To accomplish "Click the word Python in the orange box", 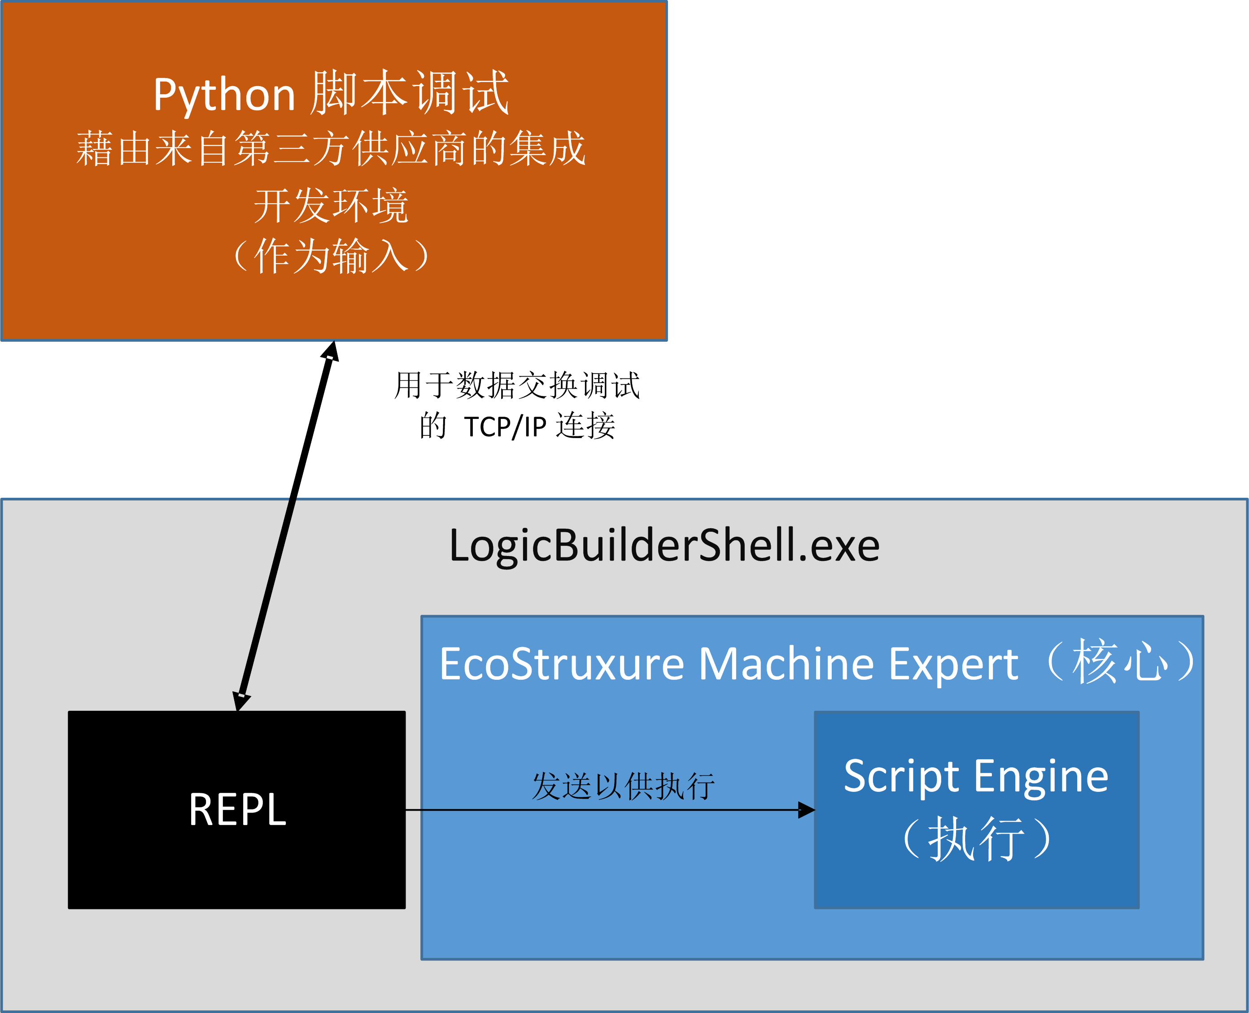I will point(224,95).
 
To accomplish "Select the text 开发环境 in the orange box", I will point(331,206).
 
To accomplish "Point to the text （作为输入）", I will point(331,256).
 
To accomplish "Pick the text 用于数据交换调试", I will point(517,386).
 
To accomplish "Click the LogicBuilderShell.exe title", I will point(664,546).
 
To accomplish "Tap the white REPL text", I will point(237,810).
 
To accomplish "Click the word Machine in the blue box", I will point(786,664).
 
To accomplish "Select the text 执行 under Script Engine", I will point(976,839).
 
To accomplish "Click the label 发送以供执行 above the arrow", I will point(623,787).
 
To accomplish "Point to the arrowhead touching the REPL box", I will point(240,701).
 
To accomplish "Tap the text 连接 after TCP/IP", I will point(585,426).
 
